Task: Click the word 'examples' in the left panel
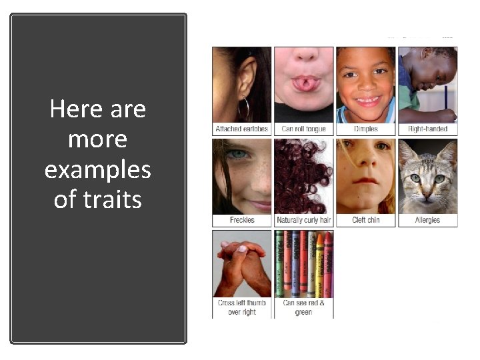tap(98, 170)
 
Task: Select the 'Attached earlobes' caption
tap(242, 129)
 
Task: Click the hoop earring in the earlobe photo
tap(243, 107)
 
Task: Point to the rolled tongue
tap(303, 82)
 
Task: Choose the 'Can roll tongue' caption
tap(303, 129)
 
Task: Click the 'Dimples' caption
tap(365, 129)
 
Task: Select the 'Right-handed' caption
tap(427, 129)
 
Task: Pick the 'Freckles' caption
tap(242, 220)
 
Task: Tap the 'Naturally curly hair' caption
tap(303, 220)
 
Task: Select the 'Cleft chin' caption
tap(365, 220)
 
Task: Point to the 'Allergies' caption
tap(427, 220)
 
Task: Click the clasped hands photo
tap(242, 263)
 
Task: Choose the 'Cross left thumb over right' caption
tap(242, 307)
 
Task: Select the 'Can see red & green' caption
tap(303, 307)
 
